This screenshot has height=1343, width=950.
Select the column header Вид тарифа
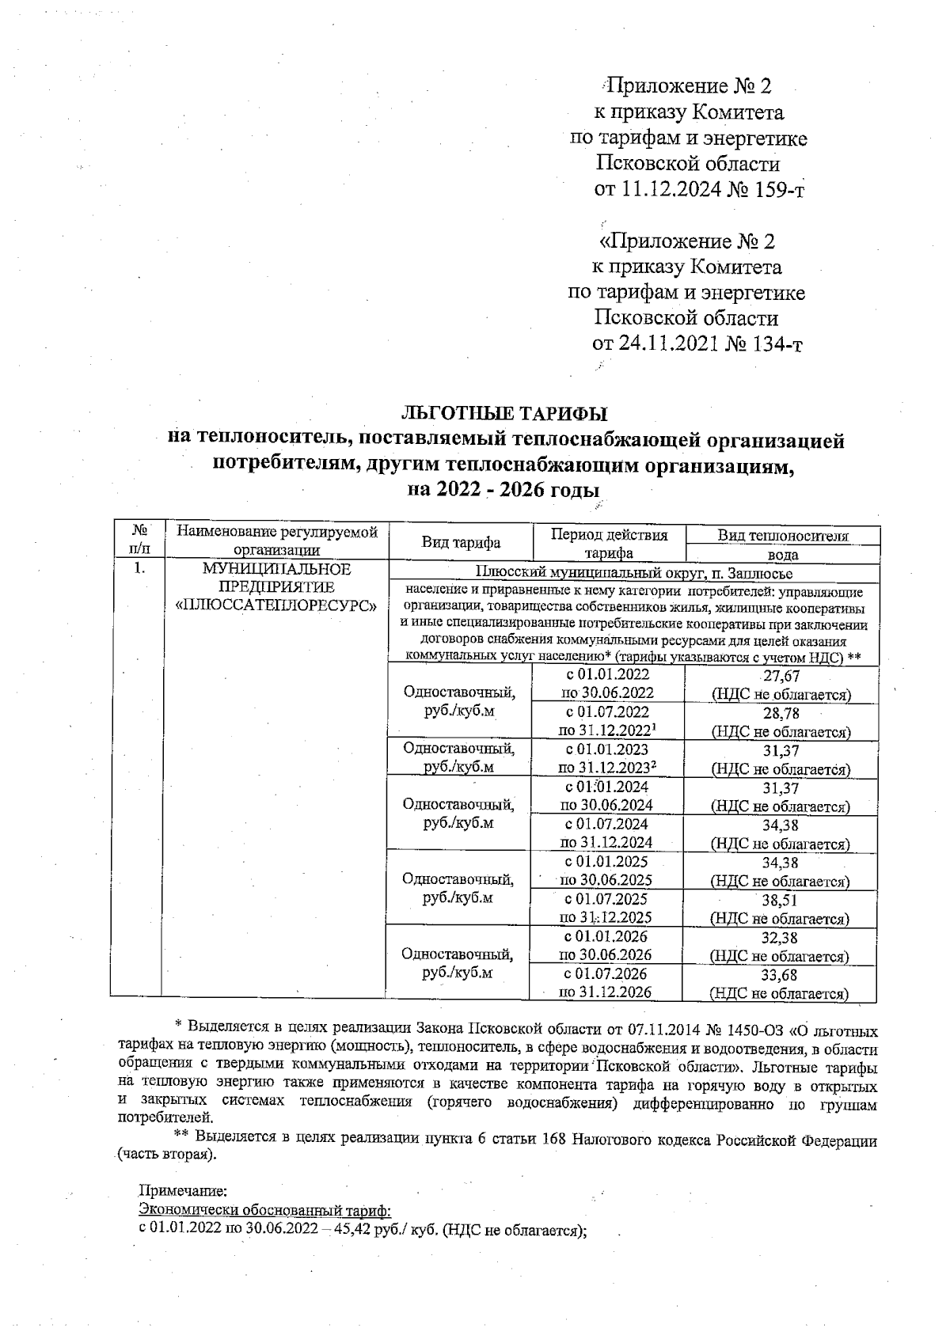tap(461, 543)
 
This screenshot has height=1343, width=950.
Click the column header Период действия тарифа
tap(609, 544)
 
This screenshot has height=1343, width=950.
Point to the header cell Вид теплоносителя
tap(782, 536)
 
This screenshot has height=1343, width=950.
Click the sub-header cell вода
tap(782, 555)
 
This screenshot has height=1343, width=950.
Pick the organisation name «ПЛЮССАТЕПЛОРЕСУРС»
tap(275, 605)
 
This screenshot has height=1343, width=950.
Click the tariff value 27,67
tap(781, 676)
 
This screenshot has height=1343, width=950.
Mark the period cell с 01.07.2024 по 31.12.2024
tap(607, 833)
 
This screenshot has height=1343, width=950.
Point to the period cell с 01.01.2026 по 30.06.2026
tap(606, 945)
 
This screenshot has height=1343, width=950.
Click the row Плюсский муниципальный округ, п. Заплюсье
tap(633, 573)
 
